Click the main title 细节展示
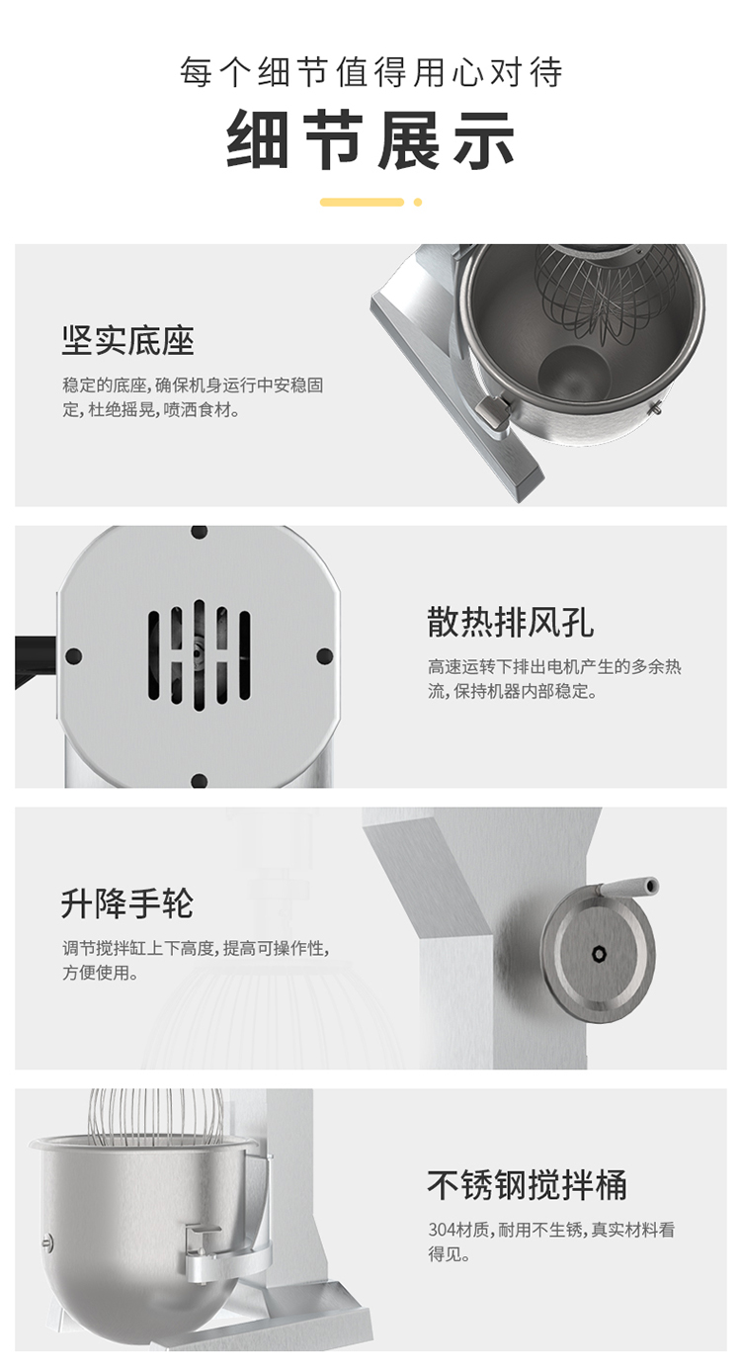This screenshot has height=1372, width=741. coord(370,140)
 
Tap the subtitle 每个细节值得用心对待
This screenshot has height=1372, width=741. coord(370,71)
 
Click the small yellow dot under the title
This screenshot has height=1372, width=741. coord(418,202)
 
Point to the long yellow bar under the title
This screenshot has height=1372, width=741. coord(362,202)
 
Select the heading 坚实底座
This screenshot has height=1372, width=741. coord(128,341)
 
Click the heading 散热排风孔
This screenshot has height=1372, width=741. coord(510,623)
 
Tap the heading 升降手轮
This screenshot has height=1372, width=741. coord(127,903)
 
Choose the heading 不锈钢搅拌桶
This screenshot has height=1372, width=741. coord(527,1184)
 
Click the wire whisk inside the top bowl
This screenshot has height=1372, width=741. coord(607,294)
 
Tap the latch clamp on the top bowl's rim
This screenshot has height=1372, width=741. coord(494,411)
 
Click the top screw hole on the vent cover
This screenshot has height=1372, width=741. coord(199,532)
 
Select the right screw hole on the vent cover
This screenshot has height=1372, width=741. coord(325,656)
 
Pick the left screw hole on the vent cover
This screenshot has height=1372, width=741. coord(73,656)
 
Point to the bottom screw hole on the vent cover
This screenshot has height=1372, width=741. coord(199,781)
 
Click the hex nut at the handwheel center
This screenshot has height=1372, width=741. coord(599,954)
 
